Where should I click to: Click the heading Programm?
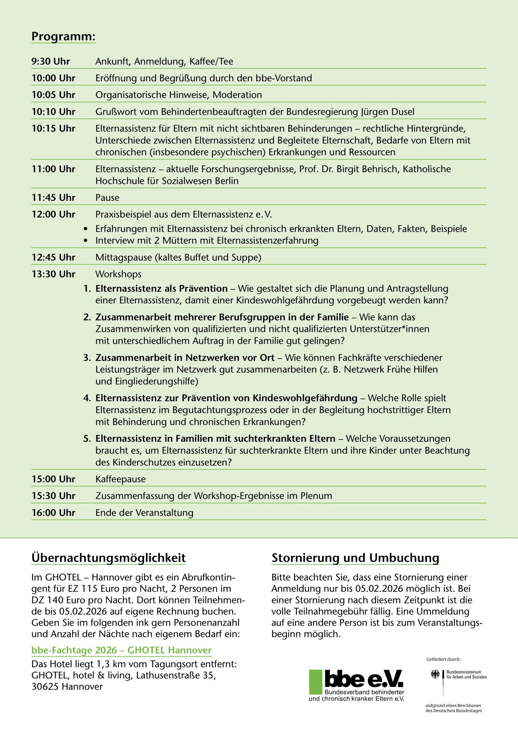click(x=63, y=36)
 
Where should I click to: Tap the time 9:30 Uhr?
click(x=50, y=61)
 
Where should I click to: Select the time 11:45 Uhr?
click(x=53, y=198)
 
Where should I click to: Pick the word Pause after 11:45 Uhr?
click(x=107, y=198)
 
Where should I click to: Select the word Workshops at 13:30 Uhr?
click(x=118, y=274)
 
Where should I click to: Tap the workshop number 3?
click(x=87, y=358)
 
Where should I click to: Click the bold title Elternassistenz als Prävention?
click(x=161, y=289)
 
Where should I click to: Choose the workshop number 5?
click(x=87, y=439)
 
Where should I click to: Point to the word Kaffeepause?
click(x=121, y=479)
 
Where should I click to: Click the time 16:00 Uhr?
click(x=53, y=513)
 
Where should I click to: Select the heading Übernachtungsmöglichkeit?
click(x=108, y=558)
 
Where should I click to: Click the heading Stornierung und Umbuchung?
click(x=355, y=558)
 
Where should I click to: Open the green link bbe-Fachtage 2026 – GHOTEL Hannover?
click(x=121, y=650)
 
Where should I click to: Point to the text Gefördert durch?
click(x=443, y=659)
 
